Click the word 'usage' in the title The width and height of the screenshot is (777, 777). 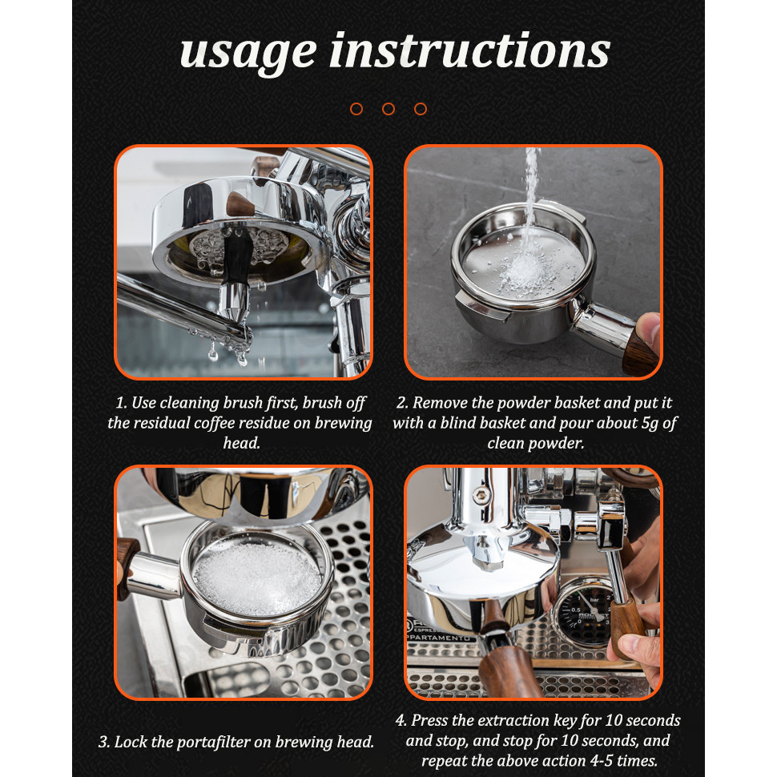tap(248, 54)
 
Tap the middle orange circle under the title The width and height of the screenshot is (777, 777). tap(388, 109)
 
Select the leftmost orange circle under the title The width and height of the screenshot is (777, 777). tap(356, 109)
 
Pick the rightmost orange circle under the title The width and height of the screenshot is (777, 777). tap(421, 109)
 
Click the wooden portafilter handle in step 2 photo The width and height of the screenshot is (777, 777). tap(641, 352)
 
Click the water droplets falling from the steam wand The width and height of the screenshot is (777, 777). tap(228, 352)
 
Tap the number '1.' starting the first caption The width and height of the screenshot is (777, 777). tap(122, 403)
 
